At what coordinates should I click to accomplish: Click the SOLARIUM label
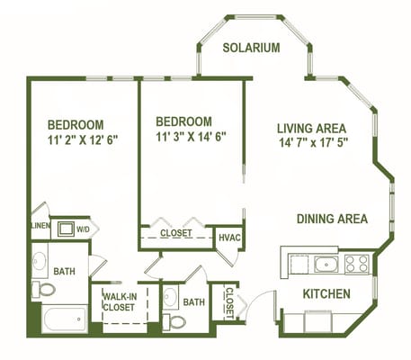[x=251, y=48]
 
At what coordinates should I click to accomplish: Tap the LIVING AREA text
[x=311, y=128]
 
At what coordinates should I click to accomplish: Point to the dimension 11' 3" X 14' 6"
[x=191, y=137]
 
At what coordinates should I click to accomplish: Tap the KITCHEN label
[x=325, y=293]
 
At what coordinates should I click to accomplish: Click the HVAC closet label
[x=228, y=237]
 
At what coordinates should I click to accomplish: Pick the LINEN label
[x=39, y=226]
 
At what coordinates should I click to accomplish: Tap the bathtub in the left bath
[x=63, y=319]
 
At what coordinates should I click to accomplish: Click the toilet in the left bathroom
[x=43, y=289]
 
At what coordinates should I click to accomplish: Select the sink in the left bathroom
[x=40, y=262]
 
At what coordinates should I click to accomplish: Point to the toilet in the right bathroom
[x=171, y=319]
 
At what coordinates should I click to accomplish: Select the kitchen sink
[x=325, y=264]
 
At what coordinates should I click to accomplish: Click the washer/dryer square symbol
[x=66, y=228]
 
